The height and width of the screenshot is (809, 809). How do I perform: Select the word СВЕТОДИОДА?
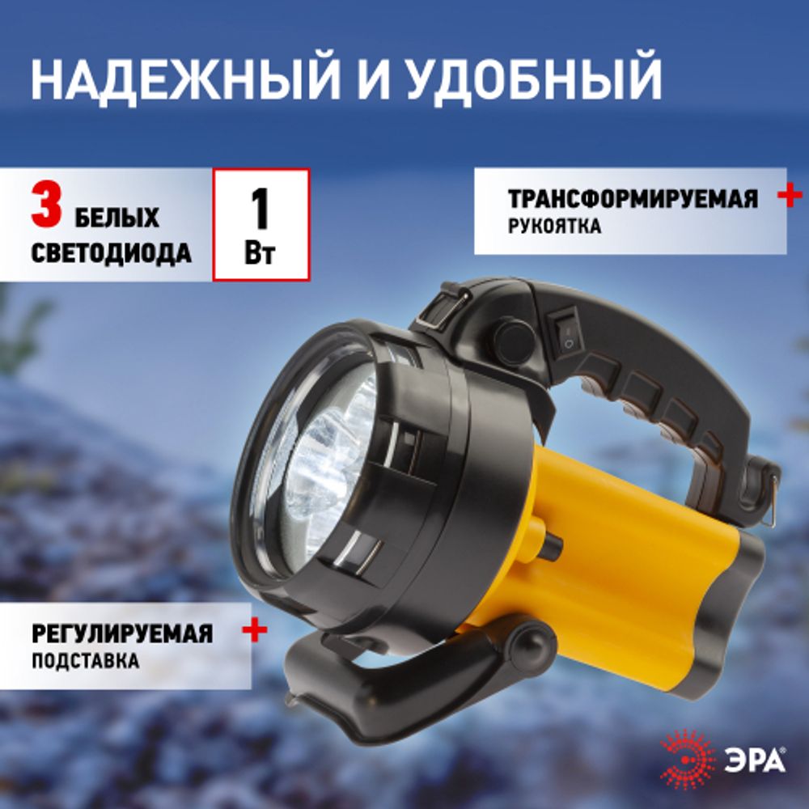pyautogui.click(x=112, y=253)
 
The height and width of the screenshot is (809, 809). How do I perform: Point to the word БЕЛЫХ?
pyautogui.click(x=118, y=218)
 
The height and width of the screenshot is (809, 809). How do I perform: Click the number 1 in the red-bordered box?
pyautogui.click(x=260, y=210)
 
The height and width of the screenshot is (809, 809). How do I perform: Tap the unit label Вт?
pyautogui.click(x=260, y=253)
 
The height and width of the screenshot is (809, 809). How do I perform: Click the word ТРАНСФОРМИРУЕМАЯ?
pyautogui.click(x=633, y=199)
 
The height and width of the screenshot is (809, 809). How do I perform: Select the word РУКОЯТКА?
pyautogui.click(x=555, y=227)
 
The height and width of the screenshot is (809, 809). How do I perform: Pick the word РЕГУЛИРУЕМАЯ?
pyautogui.click(x=121, y=633)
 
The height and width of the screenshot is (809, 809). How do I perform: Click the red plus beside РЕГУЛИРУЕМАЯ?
pyautogui.click(x=255, y=630)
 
